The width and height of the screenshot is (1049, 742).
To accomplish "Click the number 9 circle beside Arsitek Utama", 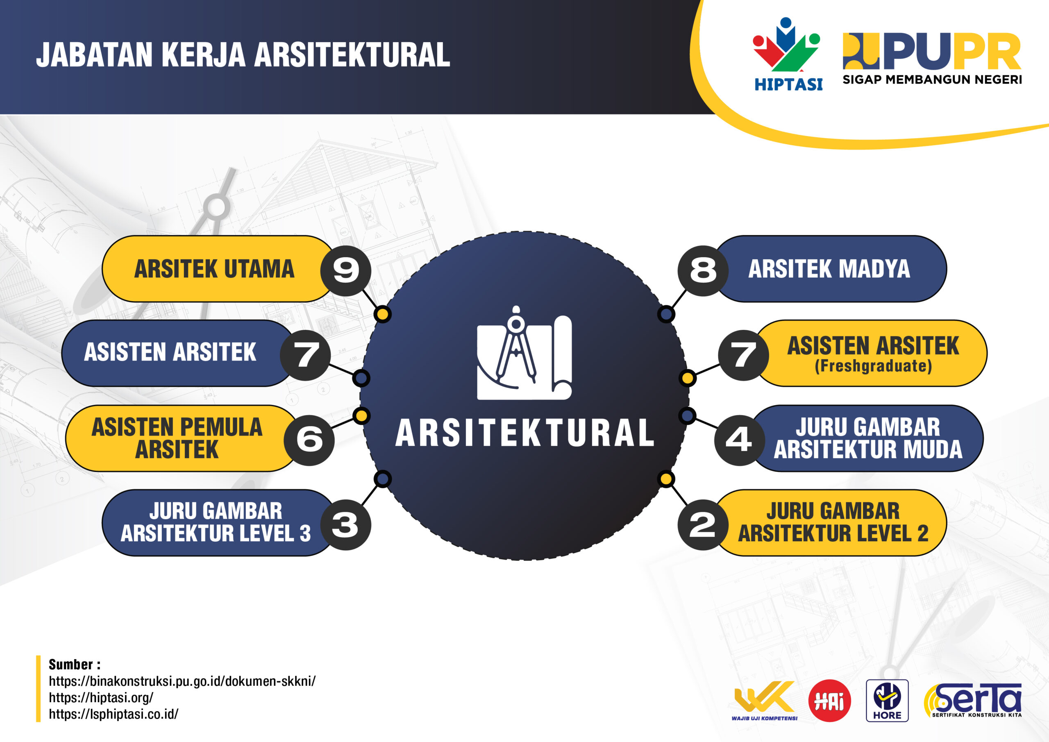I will click(345, 270).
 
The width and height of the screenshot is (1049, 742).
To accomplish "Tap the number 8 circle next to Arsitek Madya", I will click(703, 270).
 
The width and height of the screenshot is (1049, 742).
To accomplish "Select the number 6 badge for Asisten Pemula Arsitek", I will click(309, 440).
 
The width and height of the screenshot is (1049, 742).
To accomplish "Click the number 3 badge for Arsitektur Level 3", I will click(345, 524).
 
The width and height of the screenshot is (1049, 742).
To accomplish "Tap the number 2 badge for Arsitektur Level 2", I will click(703, 524).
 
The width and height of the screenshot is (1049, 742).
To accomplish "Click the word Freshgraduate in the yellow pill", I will click(873, 366).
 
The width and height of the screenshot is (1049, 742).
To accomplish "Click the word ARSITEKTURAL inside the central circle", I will click(524, 433).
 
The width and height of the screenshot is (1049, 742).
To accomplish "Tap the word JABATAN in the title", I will click(94, 55).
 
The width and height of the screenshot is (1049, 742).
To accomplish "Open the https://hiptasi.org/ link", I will click(101, 698).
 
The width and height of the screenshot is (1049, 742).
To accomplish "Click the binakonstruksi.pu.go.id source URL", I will click(182, 681).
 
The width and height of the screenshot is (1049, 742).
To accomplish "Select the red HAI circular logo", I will click(829, 701).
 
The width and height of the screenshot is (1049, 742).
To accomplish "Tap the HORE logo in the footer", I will click(887, 701).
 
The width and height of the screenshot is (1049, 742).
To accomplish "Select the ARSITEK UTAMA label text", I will click(214, 269).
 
